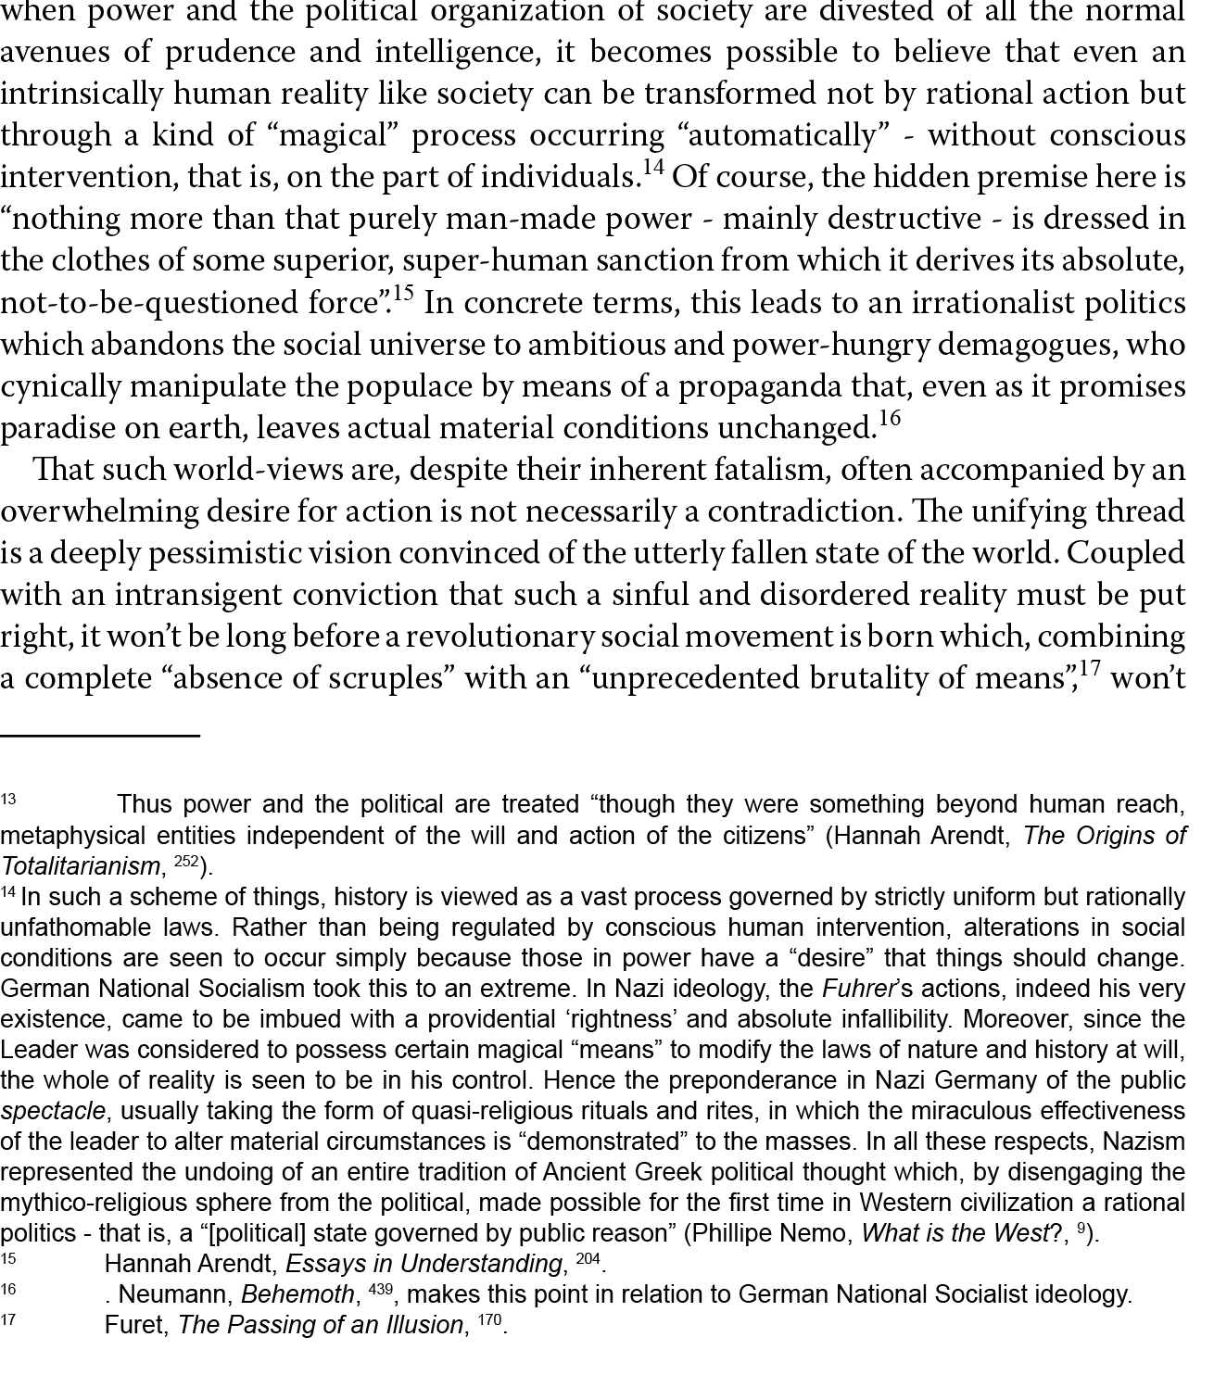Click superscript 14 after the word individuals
pyautogui.click(x=652, y=169)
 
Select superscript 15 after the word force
pyautogui.click(x=403, y=294)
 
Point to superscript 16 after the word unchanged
pyautogui.click(x=889, y=419)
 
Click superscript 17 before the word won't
pyautogui.click(x=1090, y=668)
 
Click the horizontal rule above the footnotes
pyautogui.click(x=100, y=735)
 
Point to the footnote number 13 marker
pyautogui.click(x=8, y=799)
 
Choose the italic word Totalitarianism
pyautogui.click(x=80, y=866)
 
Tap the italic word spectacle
pyautogui.click(x=53, y=1111)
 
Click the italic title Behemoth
pyautogui.click(x=298, y=1294)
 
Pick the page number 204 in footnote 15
pyautogui.click(x=588, y=1259)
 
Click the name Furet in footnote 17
pyautogui.click(x=136, y=1325)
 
